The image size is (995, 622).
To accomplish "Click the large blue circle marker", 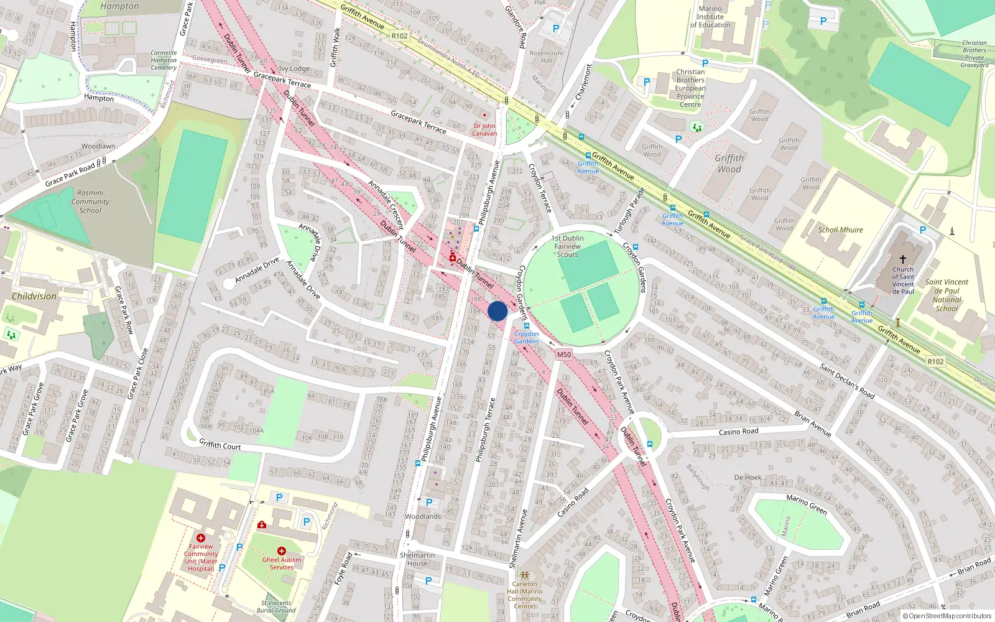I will click(497, 311).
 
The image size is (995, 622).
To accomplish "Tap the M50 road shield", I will click(564, 355).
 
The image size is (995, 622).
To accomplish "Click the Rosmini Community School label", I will click(90, 202).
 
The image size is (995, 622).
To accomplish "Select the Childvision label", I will click(34, 296).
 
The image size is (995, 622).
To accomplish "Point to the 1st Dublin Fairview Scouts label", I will click(567, 246).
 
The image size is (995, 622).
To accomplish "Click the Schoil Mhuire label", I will click(840, 230).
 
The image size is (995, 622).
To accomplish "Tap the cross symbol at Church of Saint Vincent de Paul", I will click(903, 259).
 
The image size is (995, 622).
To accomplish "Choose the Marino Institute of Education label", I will click(710, 17).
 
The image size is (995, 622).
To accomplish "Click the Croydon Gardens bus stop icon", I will click(527, 325).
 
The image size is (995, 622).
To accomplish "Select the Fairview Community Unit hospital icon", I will click(200, 537).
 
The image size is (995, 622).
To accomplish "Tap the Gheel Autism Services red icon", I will click(281, 551).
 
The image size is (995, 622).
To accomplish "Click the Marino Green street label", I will click(807, 504).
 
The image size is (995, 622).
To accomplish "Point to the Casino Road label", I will click(738, 431).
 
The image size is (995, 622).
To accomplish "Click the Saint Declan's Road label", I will click(847, 381).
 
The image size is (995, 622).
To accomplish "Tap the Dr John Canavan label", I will click(484, 129).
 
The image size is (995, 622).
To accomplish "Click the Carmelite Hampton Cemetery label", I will click(164, 60).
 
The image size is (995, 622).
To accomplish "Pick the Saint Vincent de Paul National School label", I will click(946, 295).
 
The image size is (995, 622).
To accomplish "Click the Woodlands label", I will click(423, 516).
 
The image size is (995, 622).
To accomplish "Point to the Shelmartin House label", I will click(417, 559).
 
